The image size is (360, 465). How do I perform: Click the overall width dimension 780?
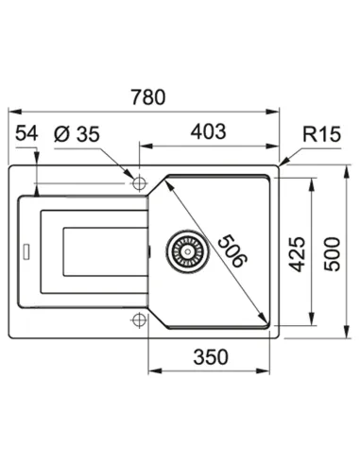click(x=148, y=97)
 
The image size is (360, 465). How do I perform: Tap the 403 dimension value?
click(x=209, y=131)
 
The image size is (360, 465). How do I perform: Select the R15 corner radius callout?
click(x=321, y=134)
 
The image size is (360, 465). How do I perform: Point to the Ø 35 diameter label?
click(x=77, y=134)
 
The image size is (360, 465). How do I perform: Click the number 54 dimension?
click(x=26, y=133)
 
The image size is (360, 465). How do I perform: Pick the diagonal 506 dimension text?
click(x=233, y=250)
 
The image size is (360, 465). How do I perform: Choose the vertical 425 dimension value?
click(x=298, y=254)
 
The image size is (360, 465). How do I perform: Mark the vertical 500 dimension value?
click(x=333, y=254)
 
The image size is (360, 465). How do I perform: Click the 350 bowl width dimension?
click(x=211, y=357)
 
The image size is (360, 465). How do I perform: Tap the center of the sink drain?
click(x=188, y=251)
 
